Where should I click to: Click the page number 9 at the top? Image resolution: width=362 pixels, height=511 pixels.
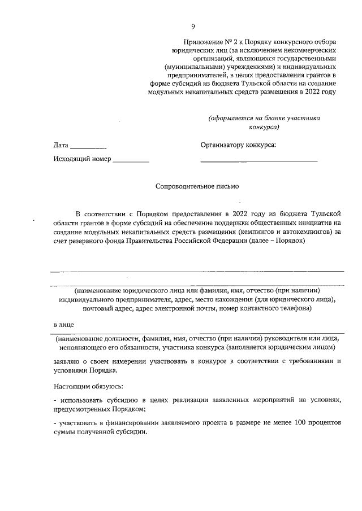click(x=193, y=27)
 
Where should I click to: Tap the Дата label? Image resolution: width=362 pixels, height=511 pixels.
click(x=61, y=145)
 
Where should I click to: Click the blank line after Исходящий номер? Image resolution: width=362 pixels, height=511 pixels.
click(x=131, y=161)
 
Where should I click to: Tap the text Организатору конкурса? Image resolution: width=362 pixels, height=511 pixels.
click(x=238, y=145)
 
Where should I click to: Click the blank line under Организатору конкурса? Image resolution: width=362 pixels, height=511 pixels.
click(x=258, y=161)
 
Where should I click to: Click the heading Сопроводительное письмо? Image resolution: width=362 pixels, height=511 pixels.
click(x=197, y=186)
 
